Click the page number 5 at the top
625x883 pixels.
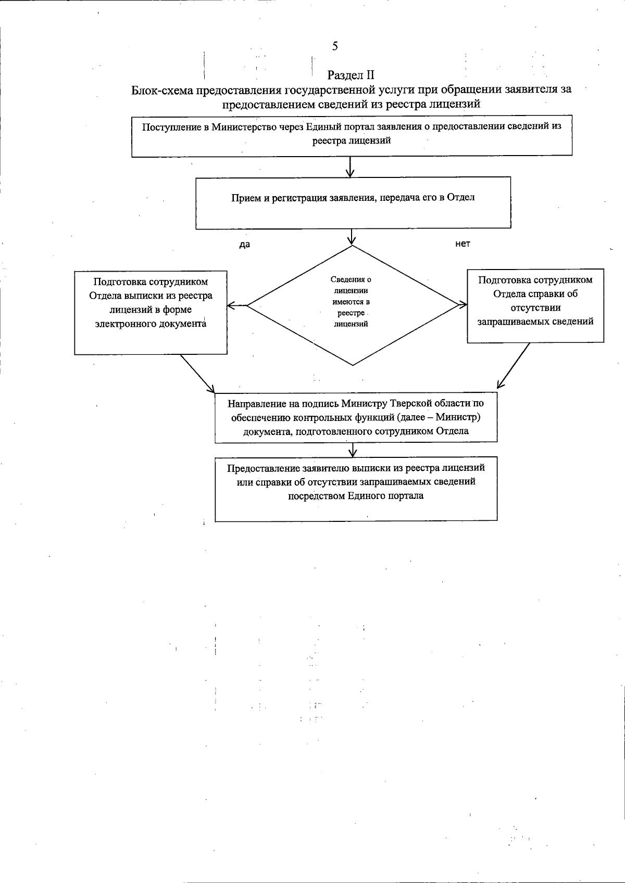(335, 46)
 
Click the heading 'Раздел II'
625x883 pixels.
(351, 76)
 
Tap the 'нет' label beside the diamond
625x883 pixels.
(463, 244)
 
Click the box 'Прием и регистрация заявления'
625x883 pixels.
(353, 203)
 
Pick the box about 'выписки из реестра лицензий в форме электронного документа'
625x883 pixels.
(151, 312)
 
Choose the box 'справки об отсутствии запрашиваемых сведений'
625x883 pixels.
(535, 306)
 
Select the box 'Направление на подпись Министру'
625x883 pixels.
(356, 417)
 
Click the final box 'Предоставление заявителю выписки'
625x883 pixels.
(356, 489)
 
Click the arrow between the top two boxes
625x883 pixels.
(351, 167)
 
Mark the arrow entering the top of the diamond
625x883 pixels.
(352, 237)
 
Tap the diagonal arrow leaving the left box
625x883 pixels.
(197, 373)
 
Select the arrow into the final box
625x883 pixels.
(354, 450)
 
